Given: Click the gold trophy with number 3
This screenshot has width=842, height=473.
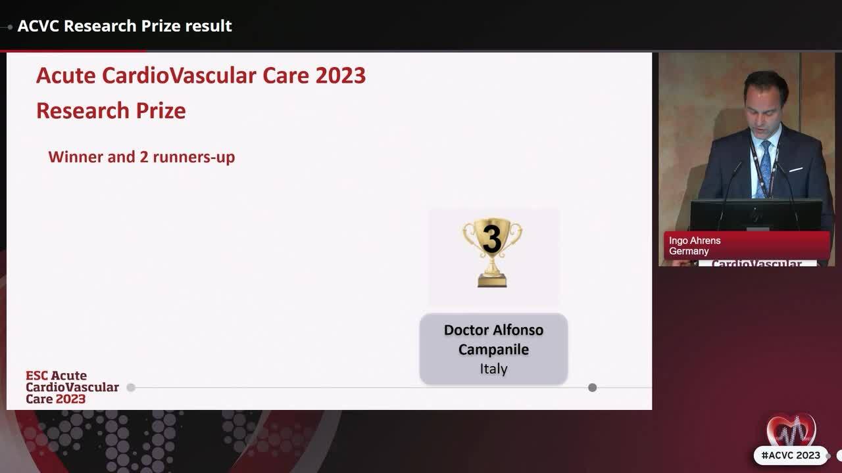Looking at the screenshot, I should pos(491,252).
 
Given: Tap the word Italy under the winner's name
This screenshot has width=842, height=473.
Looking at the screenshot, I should pos(493,369).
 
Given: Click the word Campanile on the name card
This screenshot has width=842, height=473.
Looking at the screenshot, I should pos(493,349).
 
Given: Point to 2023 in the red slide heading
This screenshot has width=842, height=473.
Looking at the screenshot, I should pos(340,76).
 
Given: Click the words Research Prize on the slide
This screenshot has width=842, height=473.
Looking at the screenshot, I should pos(111,110).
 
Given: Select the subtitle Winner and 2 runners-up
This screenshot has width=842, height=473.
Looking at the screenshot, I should pos(141,157).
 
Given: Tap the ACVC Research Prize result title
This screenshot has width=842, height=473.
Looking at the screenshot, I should pos(124,26).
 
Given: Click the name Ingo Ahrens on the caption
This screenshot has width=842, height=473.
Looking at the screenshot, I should pos(695,241).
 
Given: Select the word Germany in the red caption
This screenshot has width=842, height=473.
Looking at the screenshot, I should pos(689,252).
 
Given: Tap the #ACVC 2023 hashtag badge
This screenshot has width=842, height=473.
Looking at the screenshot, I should pos(790,455).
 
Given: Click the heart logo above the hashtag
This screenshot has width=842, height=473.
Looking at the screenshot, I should pos(791,430).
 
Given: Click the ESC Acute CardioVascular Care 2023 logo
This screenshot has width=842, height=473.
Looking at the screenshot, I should pos(72,387).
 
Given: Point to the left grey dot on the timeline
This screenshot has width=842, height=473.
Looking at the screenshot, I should pos(131,388).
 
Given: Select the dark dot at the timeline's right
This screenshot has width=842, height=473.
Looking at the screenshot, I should pos(592,388).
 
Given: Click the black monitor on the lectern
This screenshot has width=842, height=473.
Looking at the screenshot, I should pos(756,214).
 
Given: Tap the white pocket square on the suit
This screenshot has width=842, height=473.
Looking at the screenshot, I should pos(796,170).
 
